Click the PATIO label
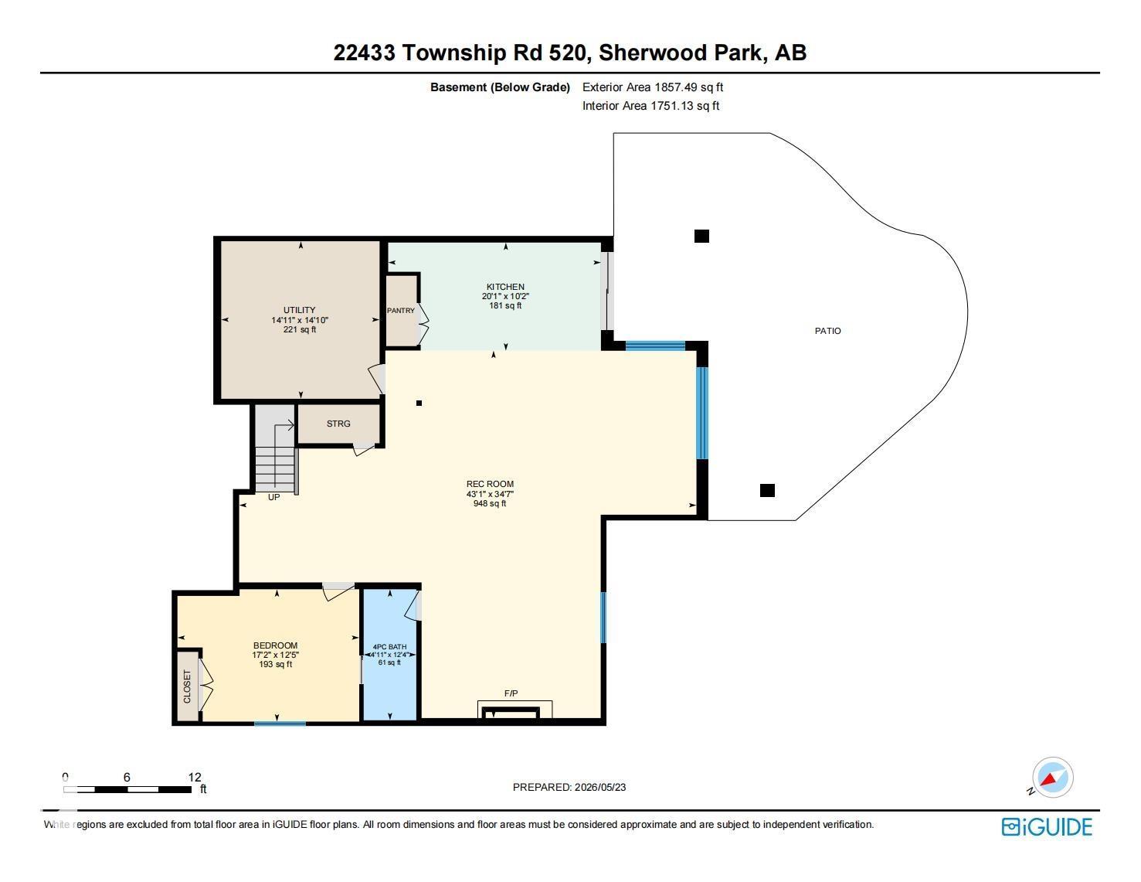tap(827, 331)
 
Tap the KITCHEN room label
tap(505, 287)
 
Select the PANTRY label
tap(401, 311)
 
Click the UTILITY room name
tap(299, 310)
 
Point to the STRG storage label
tap(338, 424)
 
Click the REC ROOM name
tap(490, 484)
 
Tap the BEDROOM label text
tap(275, 645)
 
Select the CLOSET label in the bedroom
tap(187, 686)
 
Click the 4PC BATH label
tap(389, 647)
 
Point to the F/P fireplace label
tap(511, 693)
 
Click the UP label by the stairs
tap(273, 497)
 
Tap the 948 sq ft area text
tap(490, 503)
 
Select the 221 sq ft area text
tap(299, 329)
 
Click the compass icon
tap(1052, 778)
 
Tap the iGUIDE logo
tap(1047, 827)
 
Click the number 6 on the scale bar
tap(127, 777)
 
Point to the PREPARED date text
tap(569, 787)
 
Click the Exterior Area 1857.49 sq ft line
tap(653, 87)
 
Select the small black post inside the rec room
tap(419, 404)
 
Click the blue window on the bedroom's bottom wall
tap(280, 724)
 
